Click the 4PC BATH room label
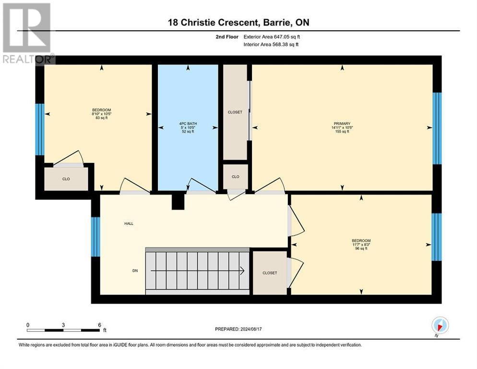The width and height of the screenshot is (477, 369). click(188, 124)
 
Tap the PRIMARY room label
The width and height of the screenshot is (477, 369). click(342, 124)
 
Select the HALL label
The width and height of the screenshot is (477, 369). click(129, 223)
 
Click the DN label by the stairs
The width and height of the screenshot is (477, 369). click(135, 271)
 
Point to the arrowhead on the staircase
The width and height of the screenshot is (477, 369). click(241, 271)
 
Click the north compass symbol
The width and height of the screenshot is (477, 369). click(440, 325)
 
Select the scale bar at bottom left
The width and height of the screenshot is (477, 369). click(63, 330)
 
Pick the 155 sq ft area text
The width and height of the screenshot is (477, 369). click(342, 131)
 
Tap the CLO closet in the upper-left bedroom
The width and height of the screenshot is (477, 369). click(66, 179)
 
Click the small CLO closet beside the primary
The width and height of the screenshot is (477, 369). click(235, 176)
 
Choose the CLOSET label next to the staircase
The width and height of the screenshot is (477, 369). click(270, 273)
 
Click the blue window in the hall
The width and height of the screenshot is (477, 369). click(95, 236)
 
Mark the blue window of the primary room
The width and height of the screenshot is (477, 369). click(437, 128)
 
